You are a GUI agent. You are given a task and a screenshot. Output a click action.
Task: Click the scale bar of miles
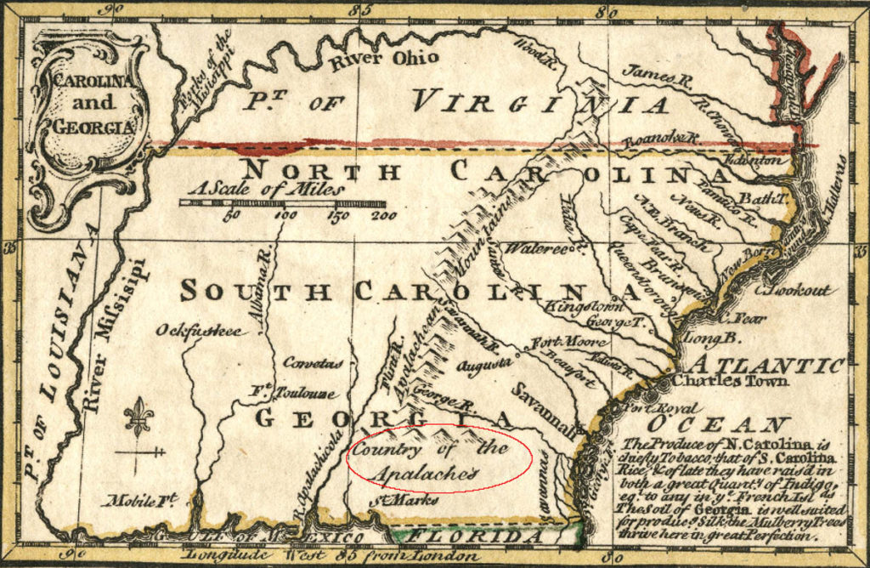click(281, 203)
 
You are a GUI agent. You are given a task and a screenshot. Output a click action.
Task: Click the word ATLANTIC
click(765, 365)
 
